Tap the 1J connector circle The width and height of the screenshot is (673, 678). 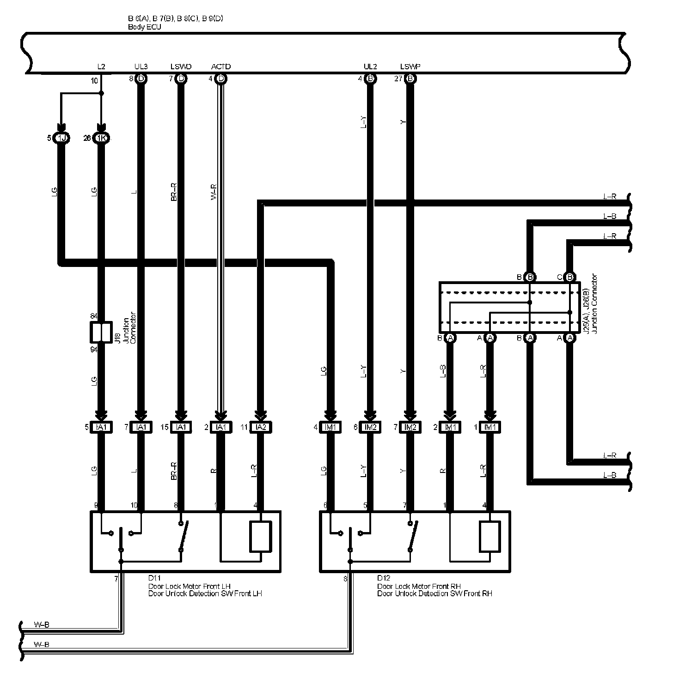(61, 138)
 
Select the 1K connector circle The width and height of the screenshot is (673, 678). (101, 138)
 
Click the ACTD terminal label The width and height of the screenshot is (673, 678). (220, 67)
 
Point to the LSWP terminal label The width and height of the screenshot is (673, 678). (410, 67)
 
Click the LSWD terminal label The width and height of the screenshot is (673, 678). (181, 67)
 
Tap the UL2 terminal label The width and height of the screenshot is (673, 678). (370, 67)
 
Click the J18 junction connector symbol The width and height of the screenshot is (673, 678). (101, 332)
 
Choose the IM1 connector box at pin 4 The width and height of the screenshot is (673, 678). (330, 427)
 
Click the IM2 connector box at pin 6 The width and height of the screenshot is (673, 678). (370, 427)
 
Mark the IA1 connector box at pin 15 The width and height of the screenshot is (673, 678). (181, 427)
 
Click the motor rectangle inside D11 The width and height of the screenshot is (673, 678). (260, 536)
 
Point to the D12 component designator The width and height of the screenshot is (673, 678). (384, 578)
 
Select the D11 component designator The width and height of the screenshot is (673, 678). (154, 578)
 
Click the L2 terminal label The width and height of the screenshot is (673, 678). (101, 67)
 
